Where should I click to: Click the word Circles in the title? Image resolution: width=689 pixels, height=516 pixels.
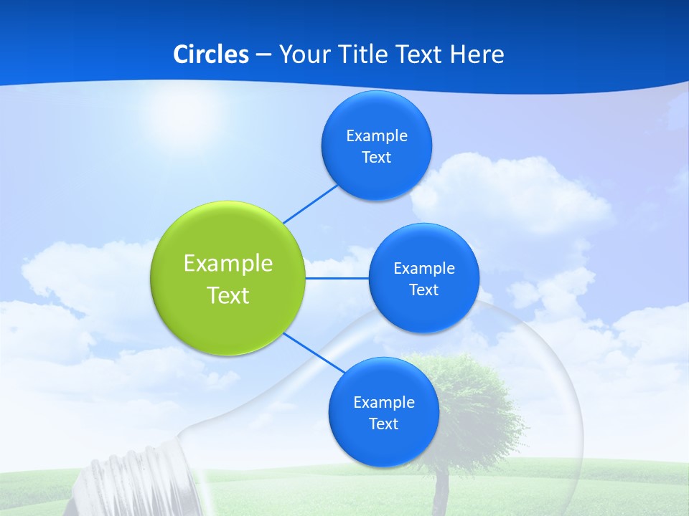click(210, 54)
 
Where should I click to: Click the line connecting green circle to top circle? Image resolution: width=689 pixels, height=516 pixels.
click(310, 204)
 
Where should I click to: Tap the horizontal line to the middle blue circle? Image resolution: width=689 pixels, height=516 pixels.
click(337, 278)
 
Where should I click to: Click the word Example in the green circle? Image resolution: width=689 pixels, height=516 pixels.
click(228, 263)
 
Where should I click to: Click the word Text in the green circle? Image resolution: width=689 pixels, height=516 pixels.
click(228, 295)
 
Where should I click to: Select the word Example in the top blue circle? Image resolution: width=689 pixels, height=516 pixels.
click(377, 136)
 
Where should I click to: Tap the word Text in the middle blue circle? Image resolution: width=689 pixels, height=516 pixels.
click(423, 290)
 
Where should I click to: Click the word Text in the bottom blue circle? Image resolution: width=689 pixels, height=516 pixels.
click(383, 424)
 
